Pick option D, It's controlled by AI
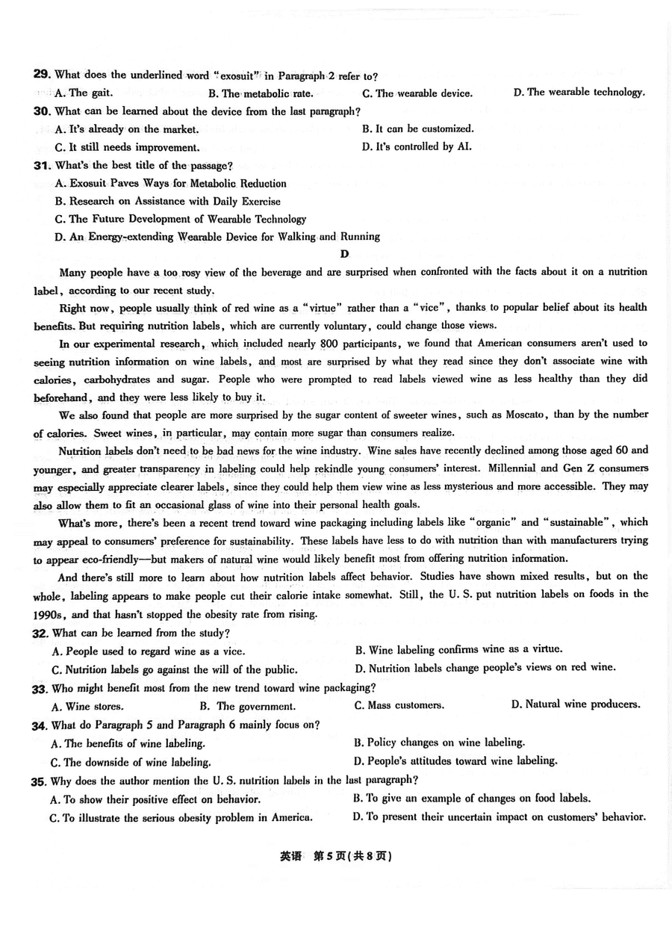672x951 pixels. [x=417, y=146]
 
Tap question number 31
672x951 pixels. [x=41, y=165]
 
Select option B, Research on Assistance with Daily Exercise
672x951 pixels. [x=168, y=201]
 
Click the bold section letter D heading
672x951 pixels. [x=344, y=254]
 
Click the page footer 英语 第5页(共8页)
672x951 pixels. [x=335, y=857]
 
